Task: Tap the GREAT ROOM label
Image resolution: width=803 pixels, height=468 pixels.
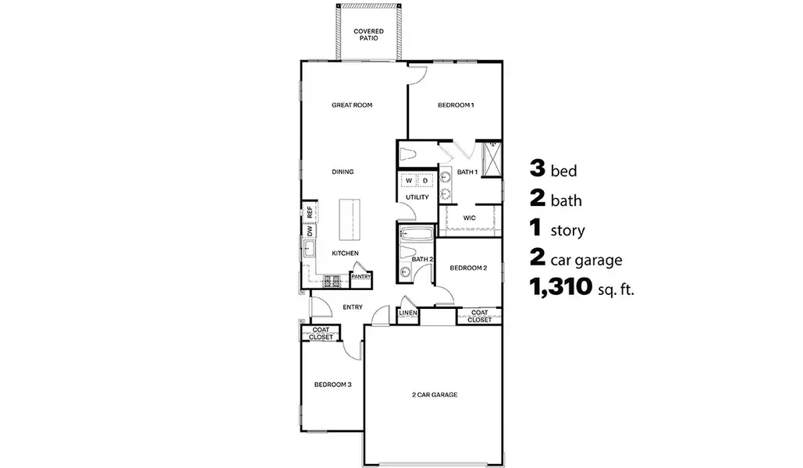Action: [x=350, y=105]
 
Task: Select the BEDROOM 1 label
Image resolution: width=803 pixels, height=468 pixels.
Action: [x=455, y=105]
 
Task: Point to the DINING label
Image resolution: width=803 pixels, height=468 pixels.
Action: [x=343, y=172]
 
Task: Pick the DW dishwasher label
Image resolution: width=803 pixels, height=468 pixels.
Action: [x=310, y=231]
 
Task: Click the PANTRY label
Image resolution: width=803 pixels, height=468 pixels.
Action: [x=361, y=276]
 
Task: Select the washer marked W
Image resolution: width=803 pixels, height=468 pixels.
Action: [x=408, y=181]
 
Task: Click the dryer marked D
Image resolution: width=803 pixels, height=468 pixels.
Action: [x=425, y=181]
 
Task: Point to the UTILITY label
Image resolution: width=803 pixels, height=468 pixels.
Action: [x=417, y=197]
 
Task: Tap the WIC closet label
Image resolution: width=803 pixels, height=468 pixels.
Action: [x=469, y=218]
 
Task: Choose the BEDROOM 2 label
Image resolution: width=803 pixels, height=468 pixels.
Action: [x=469, y=268]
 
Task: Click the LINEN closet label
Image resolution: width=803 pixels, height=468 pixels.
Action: [x=407, y=314]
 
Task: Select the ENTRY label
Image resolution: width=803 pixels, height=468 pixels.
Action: [x=352, y=307]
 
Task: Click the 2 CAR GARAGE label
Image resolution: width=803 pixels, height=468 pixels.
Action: [x=434, y=395]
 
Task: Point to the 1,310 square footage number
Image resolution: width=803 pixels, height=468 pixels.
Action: [x=559, y=289]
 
